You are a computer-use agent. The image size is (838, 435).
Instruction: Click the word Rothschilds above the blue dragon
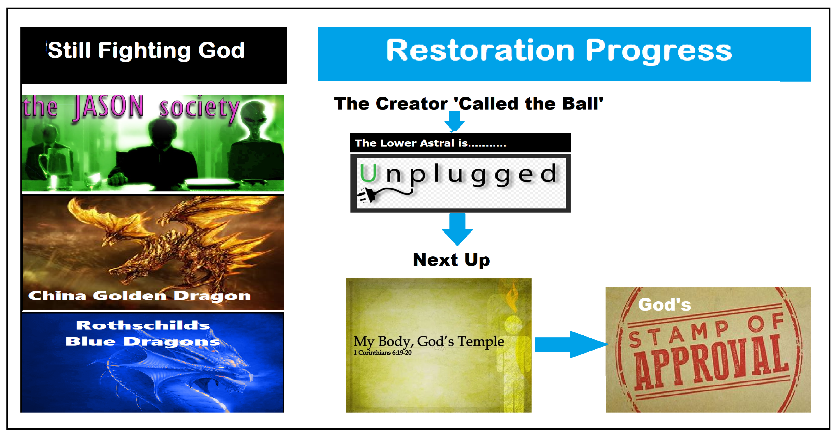(143, 325)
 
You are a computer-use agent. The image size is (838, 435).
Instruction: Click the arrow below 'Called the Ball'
(454, 121)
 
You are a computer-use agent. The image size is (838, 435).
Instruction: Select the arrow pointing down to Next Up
(457, 230)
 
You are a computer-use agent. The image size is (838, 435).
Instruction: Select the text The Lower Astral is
(411, 143)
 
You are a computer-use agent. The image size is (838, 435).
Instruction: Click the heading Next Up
(451, 260)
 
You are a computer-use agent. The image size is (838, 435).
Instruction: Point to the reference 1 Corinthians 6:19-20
(382, 353)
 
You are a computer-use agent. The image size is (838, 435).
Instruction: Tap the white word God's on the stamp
(664, 305)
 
